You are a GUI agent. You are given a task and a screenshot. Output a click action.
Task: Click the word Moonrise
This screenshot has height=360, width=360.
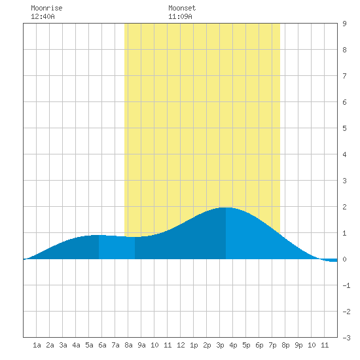46,8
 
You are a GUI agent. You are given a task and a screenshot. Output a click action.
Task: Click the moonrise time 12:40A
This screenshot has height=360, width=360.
43,16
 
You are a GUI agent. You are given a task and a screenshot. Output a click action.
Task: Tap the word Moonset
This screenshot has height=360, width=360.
182,8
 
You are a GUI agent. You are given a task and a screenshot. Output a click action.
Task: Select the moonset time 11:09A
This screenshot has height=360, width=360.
180,16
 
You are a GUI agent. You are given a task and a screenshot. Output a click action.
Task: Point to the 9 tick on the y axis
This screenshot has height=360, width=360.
344,24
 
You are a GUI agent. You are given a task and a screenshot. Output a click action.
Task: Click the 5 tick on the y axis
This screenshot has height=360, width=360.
344,128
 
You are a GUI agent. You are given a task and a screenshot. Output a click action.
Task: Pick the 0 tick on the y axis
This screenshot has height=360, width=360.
344,259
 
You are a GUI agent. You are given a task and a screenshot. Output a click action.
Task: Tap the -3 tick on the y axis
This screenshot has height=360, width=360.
346,338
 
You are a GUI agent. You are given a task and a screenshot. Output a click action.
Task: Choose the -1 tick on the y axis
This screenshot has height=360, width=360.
346,285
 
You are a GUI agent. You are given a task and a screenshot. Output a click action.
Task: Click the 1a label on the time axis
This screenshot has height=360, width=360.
37,345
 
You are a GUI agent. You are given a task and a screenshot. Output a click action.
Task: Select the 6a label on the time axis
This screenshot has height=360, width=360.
102,345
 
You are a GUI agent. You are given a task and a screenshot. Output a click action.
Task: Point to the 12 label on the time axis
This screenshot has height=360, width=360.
181,345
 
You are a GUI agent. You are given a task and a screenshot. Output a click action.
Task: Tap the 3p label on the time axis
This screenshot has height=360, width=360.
220,345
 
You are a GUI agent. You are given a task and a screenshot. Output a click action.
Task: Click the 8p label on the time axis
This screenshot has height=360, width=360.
285,345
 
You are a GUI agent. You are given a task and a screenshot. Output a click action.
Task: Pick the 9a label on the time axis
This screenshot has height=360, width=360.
141,345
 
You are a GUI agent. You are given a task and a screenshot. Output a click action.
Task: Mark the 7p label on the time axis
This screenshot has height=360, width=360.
272,345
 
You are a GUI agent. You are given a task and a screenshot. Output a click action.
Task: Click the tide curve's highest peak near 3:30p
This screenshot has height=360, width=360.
226,207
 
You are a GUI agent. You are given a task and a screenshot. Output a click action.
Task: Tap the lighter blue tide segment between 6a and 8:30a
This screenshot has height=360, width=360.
117,247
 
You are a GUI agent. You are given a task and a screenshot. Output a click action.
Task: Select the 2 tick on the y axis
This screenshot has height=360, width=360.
344,207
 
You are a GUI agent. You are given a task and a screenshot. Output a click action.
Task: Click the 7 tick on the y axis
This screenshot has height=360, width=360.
344,76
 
